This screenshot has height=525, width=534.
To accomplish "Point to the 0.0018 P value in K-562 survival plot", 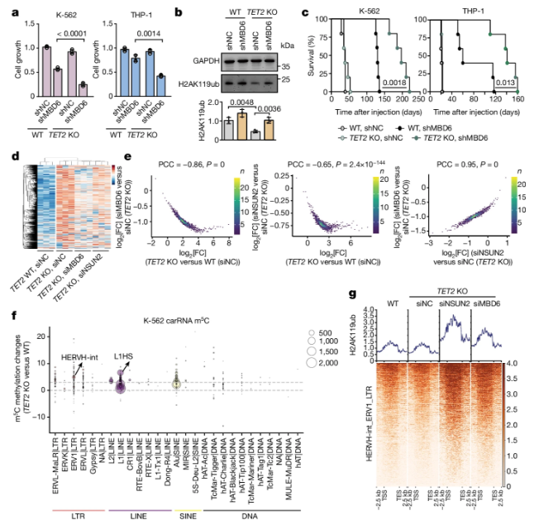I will tap(395, 84).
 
